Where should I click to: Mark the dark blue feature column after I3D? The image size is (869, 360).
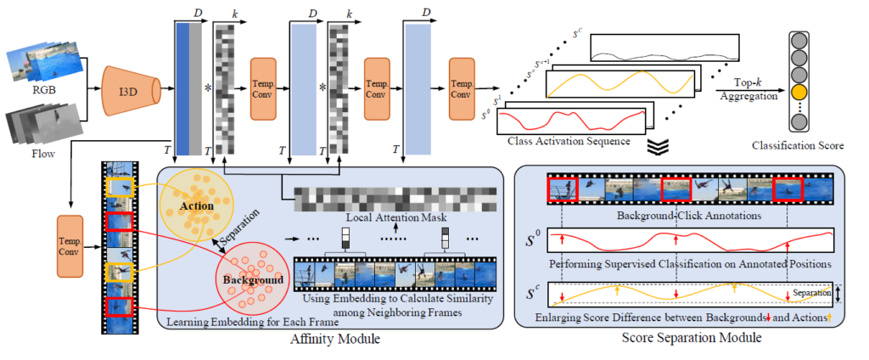182,85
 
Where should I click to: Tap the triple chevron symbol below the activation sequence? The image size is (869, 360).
657,146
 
